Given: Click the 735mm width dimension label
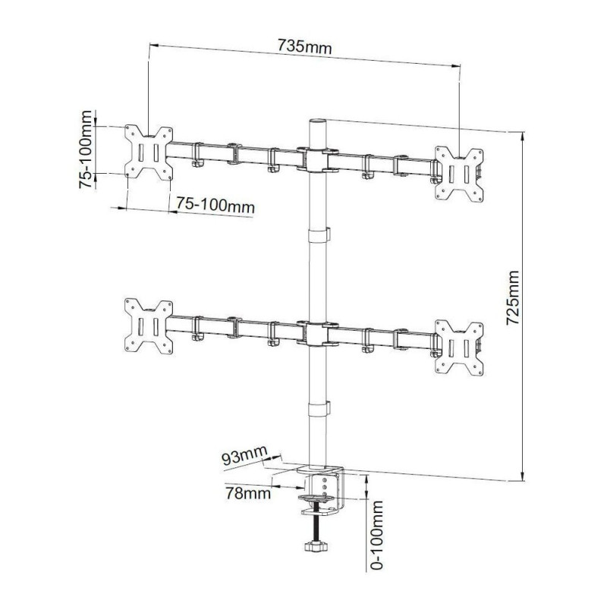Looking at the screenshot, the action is click(x=304, y=47).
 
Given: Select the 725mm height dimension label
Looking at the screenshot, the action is click(x=513, y=297).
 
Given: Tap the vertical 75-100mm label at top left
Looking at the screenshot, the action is click(x=86, y=149).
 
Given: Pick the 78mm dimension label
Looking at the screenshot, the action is click(x=248, y=494).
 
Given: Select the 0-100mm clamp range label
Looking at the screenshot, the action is click(x=376, y=535).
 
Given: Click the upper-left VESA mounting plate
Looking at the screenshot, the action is click(x=149, y=153).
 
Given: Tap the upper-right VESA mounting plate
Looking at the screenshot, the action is click(x=459, y=175).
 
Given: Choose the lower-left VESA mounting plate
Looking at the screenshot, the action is click(x=149, y=326).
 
